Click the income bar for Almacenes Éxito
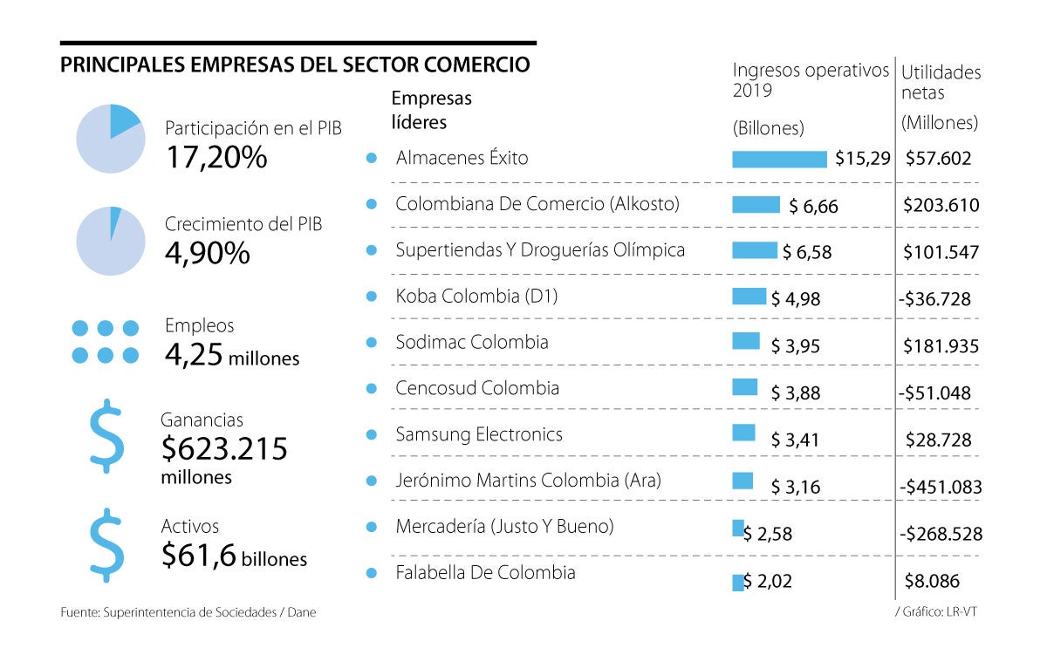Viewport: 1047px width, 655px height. click(x=779, y=159)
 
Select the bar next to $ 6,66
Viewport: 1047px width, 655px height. click(x=756, y=204)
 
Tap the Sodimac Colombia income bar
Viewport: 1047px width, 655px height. click(x=746, y=341)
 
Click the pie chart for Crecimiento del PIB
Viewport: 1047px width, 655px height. click(x=109, y=241)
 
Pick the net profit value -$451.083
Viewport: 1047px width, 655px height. click(x=939, y=487)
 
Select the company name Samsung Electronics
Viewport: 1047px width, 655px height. click(x=479, y=434)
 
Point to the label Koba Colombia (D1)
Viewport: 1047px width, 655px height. click(x=476, y=296)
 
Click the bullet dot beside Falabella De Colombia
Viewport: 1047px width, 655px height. click(x=372, y=573)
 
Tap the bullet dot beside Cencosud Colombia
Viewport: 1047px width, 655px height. click(x=372, y=388)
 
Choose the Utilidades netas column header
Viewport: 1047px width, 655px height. click(x=941, y=82)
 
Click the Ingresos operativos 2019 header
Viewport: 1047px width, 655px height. click(x=810, y=80)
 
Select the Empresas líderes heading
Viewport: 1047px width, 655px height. click(x=431, y=110)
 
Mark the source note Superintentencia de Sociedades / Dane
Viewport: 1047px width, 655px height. click(x=188, y=612)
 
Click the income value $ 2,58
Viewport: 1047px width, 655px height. click(x=768, y=534)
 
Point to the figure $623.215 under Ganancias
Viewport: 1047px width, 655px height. click(x=224, y=448)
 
